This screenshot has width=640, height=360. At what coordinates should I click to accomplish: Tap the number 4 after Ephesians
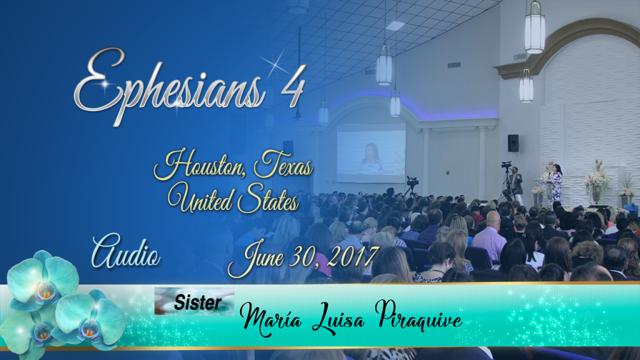293,86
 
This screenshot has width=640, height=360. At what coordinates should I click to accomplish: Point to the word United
199,198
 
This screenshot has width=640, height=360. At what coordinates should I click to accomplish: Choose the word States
267,199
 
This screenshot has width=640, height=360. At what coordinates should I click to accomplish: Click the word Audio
126,251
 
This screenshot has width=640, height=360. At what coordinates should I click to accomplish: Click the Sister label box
194,301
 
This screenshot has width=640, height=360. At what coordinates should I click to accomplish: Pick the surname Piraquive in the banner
418,315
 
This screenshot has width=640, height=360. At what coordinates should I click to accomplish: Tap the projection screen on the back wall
371,152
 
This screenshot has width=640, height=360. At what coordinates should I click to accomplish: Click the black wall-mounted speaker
513,143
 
